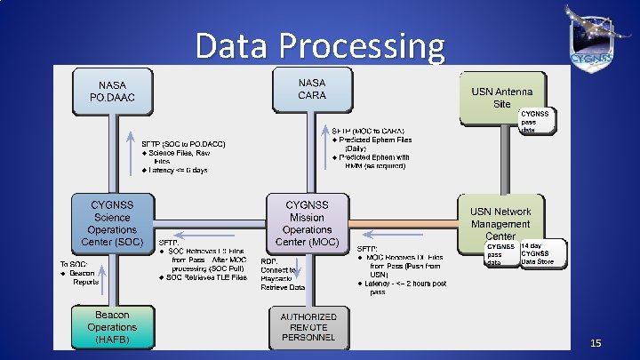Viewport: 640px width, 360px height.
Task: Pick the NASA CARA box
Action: (x=311, y=89)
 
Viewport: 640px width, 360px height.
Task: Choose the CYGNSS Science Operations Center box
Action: (x=112, y=223)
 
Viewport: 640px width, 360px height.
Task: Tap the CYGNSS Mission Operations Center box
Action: (x=306, y=223)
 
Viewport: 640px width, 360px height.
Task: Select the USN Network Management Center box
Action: (x=500, y=223)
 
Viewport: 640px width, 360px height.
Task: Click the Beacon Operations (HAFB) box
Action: (x=112, y=326)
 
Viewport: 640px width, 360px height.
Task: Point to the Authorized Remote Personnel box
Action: (x=308, y=327)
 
